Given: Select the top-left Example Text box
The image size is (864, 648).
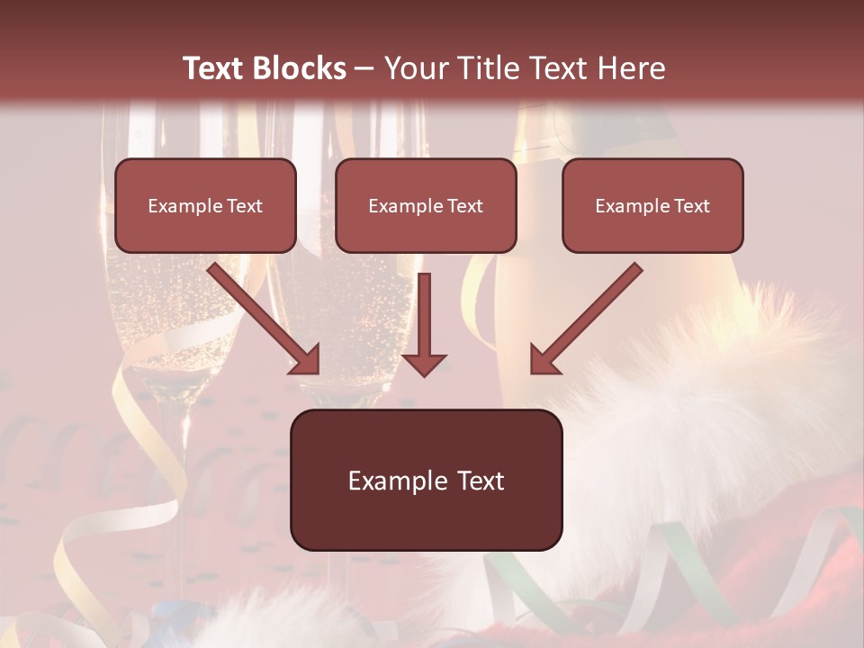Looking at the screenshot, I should tap(205, 205).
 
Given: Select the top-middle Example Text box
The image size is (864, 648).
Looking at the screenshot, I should tap(426, 205).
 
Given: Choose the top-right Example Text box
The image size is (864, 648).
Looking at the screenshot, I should tap(652, 205).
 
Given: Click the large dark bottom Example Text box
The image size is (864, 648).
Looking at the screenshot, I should tap(426, 480).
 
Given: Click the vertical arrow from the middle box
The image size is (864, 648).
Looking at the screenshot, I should tap(424, 315).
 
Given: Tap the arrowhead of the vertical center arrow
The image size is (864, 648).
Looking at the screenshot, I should tap(424, 363).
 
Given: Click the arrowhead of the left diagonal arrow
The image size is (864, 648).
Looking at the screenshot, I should tap(306, 360).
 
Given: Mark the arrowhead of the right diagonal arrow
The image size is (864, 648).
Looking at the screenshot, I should tap(544, 360).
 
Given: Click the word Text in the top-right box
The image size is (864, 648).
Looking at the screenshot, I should tap(690, 205).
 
